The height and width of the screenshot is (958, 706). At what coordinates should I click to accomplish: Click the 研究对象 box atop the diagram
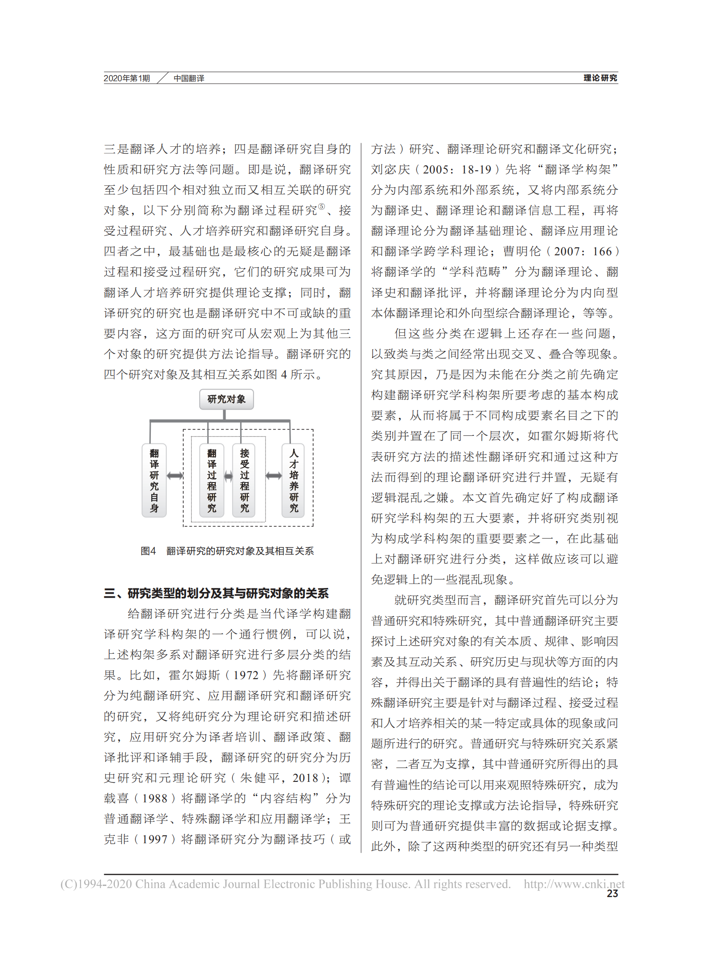[x=226, y=399]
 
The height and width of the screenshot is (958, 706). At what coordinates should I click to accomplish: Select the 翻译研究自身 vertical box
[x=154, y=480]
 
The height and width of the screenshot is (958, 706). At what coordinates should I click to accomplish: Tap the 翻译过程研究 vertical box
[x=212, y=480]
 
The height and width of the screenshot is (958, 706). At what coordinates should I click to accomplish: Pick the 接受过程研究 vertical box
[x=244, y=480]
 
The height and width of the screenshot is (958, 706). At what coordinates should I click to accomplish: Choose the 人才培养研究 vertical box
[x=294, y=480]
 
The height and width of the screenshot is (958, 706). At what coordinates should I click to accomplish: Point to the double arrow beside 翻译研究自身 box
[x=175, y=476]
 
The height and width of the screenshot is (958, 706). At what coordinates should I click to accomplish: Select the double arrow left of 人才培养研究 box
[x=274, y=476]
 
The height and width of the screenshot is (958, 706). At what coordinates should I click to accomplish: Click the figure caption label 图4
[x=148, y=551]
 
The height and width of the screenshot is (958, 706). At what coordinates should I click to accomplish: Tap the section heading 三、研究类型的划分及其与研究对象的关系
[x=216, y=593]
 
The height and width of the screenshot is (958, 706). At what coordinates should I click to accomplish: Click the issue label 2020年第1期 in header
[x=127, y=78]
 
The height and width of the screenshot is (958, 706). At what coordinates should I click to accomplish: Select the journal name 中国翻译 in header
[x=189, y=78]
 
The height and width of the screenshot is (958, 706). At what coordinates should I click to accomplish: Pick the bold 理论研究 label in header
[x=600, y=78]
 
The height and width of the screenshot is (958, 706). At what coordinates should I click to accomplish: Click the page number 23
[x=612, y=894]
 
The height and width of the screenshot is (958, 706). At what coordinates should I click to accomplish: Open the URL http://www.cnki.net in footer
[x=574, y=884]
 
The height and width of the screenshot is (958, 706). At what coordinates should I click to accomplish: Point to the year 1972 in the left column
[x=246, y=675]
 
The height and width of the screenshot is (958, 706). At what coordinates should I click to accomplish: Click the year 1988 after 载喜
[x=154, y=798]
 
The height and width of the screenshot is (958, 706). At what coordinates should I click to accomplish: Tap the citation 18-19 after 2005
[x=476, y=169]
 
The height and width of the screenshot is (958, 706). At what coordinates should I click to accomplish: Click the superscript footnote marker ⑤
[x=322, y=206]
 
